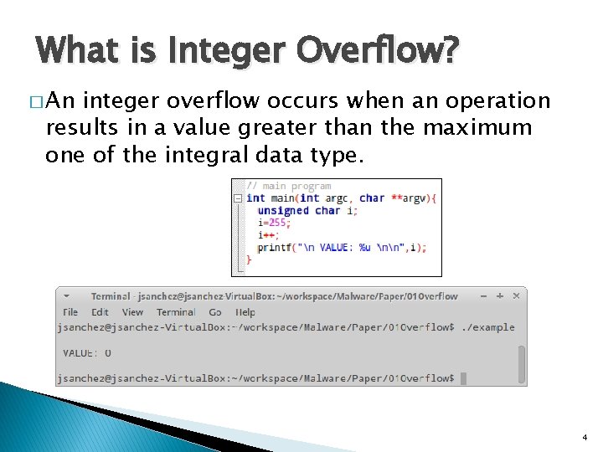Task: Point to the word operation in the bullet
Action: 501,101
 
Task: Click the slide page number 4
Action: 584,437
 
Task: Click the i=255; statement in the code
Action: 272,223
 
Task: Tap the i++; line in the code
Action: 267,235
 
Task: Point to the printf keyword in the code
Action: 274,247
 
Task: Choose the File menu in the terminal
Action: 71,312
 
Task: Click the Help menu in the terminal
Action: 245,312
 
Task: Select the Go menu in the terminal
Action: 215,312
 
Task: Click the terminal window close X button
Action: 516,296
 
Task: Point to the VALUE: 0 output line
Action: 87,353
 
